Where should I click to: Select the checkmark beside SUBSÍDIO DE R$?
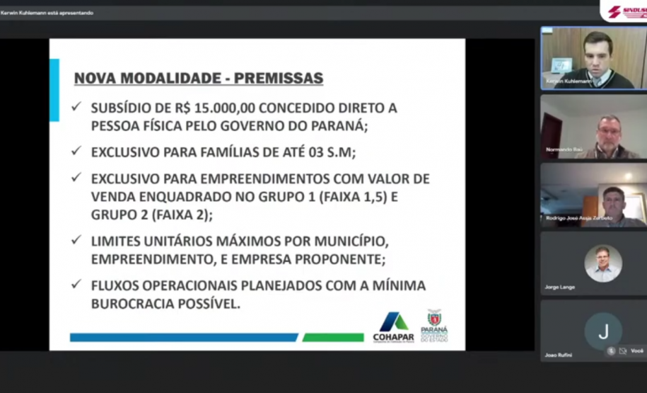(x=76, y=108)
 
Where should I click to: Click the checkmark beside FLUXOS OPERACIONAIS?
(x=76, y=285)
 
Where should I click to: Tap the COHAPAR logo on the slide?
(x=394, y=326)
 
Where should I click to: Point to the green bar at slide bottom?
(x=333, y=338)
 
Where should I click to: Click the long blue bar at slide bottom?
(x=184, y=338)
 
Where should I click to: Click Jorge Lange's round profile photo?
(x=603, y=263)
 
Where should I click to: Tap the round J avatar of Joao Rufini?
(x=603, y=331)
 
